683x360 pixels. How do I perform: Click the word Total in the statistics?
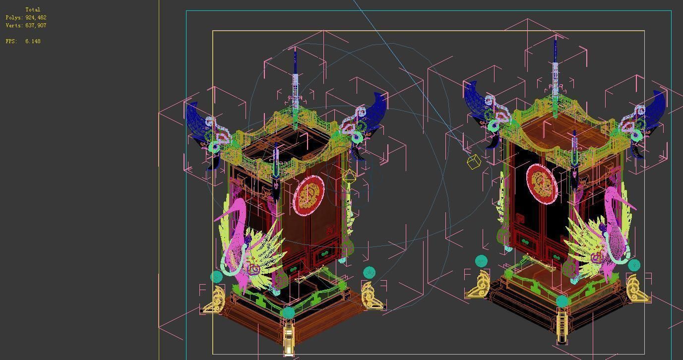pyautogui.click(x=33, y=9)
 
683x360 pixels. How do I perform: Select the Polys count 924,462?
pyautogui.click(x=36, y=17)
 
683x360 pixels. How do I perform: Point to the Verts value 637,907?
pyautogui.click(x=36, y=25)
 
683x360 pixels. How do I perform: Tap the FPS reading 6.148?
pyautogui.click(x=33, y=41)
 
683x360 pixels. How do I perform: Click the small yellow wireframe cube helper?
pyautogui.click(x=474, y=162)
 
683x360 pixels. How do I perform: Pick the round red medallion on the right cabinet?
pyautogui.click(x=542, y=184)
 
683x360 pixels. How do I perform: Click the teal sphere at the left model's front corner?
pyautogui.click(x=288, y=312)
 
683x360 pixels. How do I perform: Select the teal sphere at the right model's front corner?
pyautogui.click(x=562, y=301)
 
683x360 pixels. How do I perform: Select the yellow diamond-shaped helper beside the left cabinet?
pyautogui.click(x=349, y=176)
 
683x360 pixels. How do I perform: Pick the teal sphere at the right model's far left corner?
pyautogui.click(x=481, y=261)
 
